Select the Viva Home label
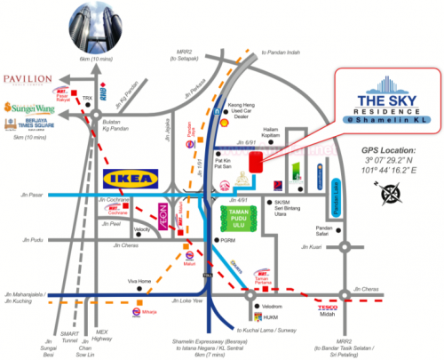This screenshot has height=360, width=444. click(139, 282)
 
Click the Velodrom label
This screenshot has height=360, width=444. click(272, 306)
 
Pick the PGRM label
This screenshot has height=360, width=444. click(228, 240)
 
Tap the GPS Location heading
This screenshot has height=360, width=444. click(385, 150)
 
